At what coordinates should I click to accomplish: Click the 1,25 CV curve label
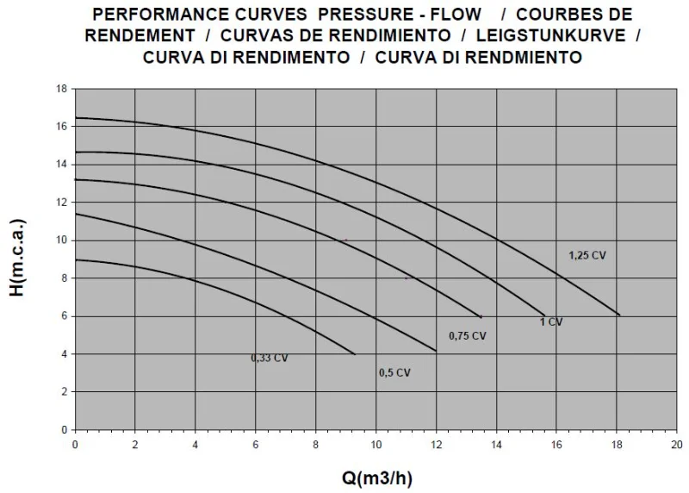(587, 255)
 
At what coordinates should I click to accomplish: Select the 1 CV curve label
(550, 321)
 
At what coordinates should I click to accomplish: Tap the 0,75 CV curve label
(468, 335)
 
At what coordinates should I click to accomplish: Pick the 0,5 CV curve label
(394, 372)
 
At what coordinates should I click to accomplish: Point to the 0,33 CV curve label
(270, 358)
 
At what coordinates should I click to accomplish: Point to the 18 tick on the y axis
(62, 89)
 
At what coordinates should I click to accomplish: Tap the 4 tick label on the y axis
(65, 354)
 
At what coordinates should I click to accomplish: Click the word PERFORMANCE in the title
(161, 15)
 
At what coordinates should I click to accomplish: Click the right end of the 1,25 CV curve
(619, 315)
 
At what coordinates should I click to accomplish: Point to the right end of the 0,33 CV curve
(355, 354)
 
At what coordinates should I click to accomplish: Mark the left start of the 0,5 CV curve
(76, 214)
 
